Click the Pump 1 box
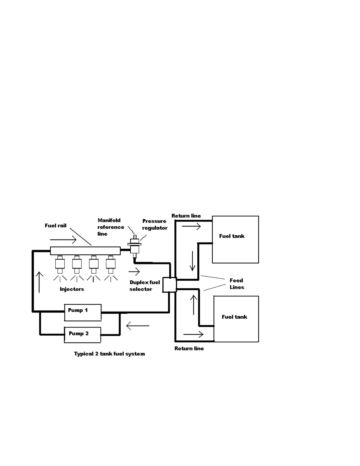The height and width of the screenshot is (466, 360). click(83, 312)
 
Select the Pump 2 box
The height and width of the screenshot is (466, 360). click(82, 335)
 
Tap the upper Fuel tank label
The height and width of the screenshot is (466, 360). click(232, 236)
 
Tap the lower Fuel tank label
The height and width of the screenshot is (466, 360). click(234, 317)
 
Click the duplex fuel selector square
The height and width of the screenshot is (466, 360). click(169, 285)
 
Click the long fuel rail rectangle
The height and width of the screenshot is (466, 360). click(85, 251)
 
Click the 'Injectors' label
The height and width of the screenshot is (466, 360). click(72, 289)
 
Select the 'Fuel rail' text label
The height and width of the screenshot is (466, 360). click(56, 226)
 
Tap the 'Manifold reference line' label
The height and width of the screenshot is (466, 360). click(110, 227)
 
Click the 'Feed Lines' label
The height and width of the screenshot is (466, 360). click(236, 284)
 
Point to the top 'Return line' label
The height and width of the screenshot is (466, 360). click(186, 216)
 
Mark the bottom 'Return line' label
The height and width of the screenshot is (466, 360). click(189, 348)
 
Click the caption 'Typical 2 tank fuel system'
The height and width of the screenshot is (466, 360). click(109, 354)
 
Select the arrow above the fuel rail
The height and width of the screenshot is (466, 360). click(63, 240)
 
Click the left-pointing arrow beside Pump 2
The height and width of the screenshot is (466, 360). click(138, 326)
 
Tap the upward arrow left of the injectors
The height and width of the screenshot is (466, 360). click(39, 282)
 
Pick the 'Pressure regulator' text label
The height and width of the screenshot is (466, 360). click(155, 224)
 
